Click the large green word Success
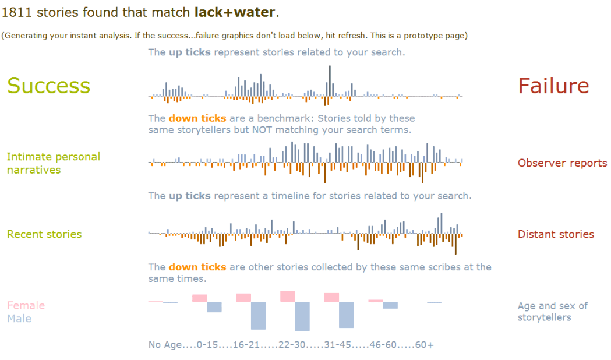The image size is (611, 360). pos(48,86)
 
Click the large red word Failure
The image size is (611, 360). pos(553,86)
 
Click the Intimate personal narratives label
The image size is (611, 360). pos(53,163)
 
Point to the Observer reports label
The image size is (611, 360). pos(562,163)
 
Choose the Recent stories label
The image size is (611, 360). pos(44,234)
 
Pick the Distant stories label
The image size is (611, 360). pos(556,234)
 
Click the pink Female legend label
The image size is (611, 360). pos(26,305)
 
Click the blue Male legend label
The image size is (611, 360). pos(19,319)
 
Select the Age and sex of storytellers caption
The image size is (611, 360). pos(552,312)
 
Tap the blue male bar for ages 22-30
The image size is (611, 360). pos(302,316)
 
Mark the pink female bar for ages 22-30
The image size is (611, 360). pos(288,296)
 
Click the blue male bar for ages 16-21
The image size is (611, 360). pos(258,315)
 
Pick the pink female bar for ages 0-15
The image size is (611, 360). pos(200,298)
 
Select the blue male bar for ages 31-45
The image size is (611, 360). pos(346,315)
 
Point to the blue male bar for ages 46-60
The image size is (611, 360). pos(390,305)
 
